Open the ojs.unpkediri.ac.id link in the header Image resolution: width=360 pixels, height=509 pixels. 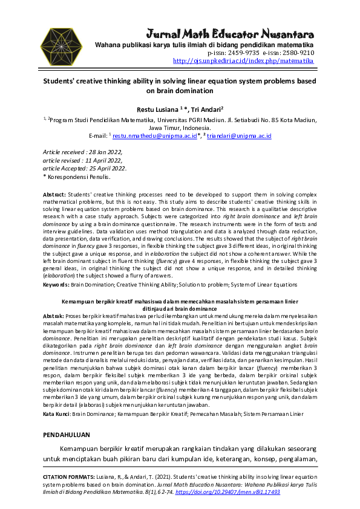(x=243, y=61)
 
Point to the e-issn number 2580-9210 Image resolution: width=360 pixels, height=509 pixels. (x=295, y=53)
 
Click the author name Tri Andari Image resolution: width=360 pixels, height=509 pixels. (x=206, y=109)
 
